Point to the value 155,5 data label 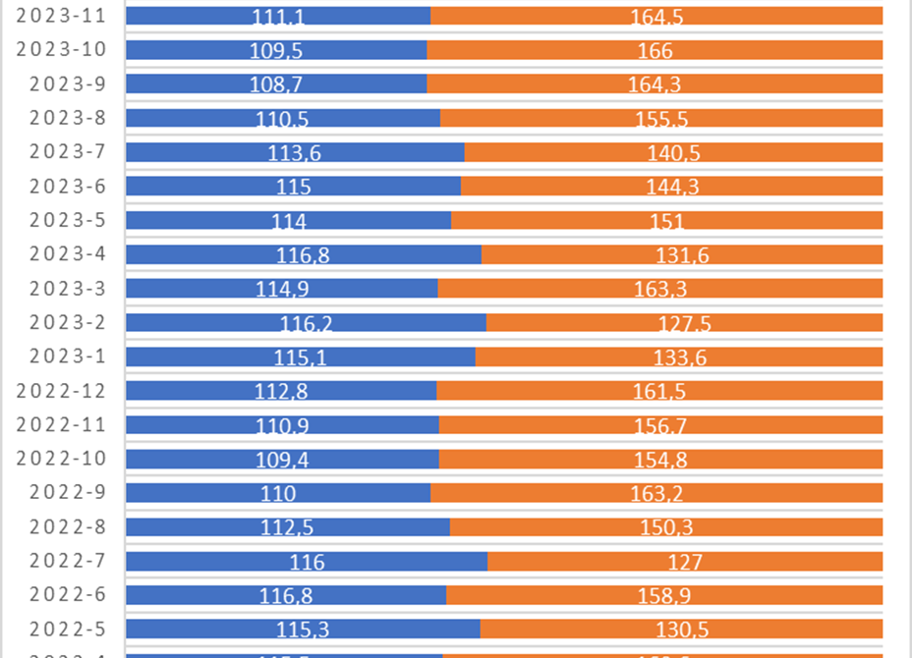[x=660, y=119]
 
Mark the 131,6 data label [x=682, y=255]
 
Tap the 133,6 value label [x=680, y=357]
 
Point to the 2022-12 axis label [x=68, y=391]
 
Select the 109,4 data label [x=281, y=460]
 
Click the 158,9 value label [x=663, y=595]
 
